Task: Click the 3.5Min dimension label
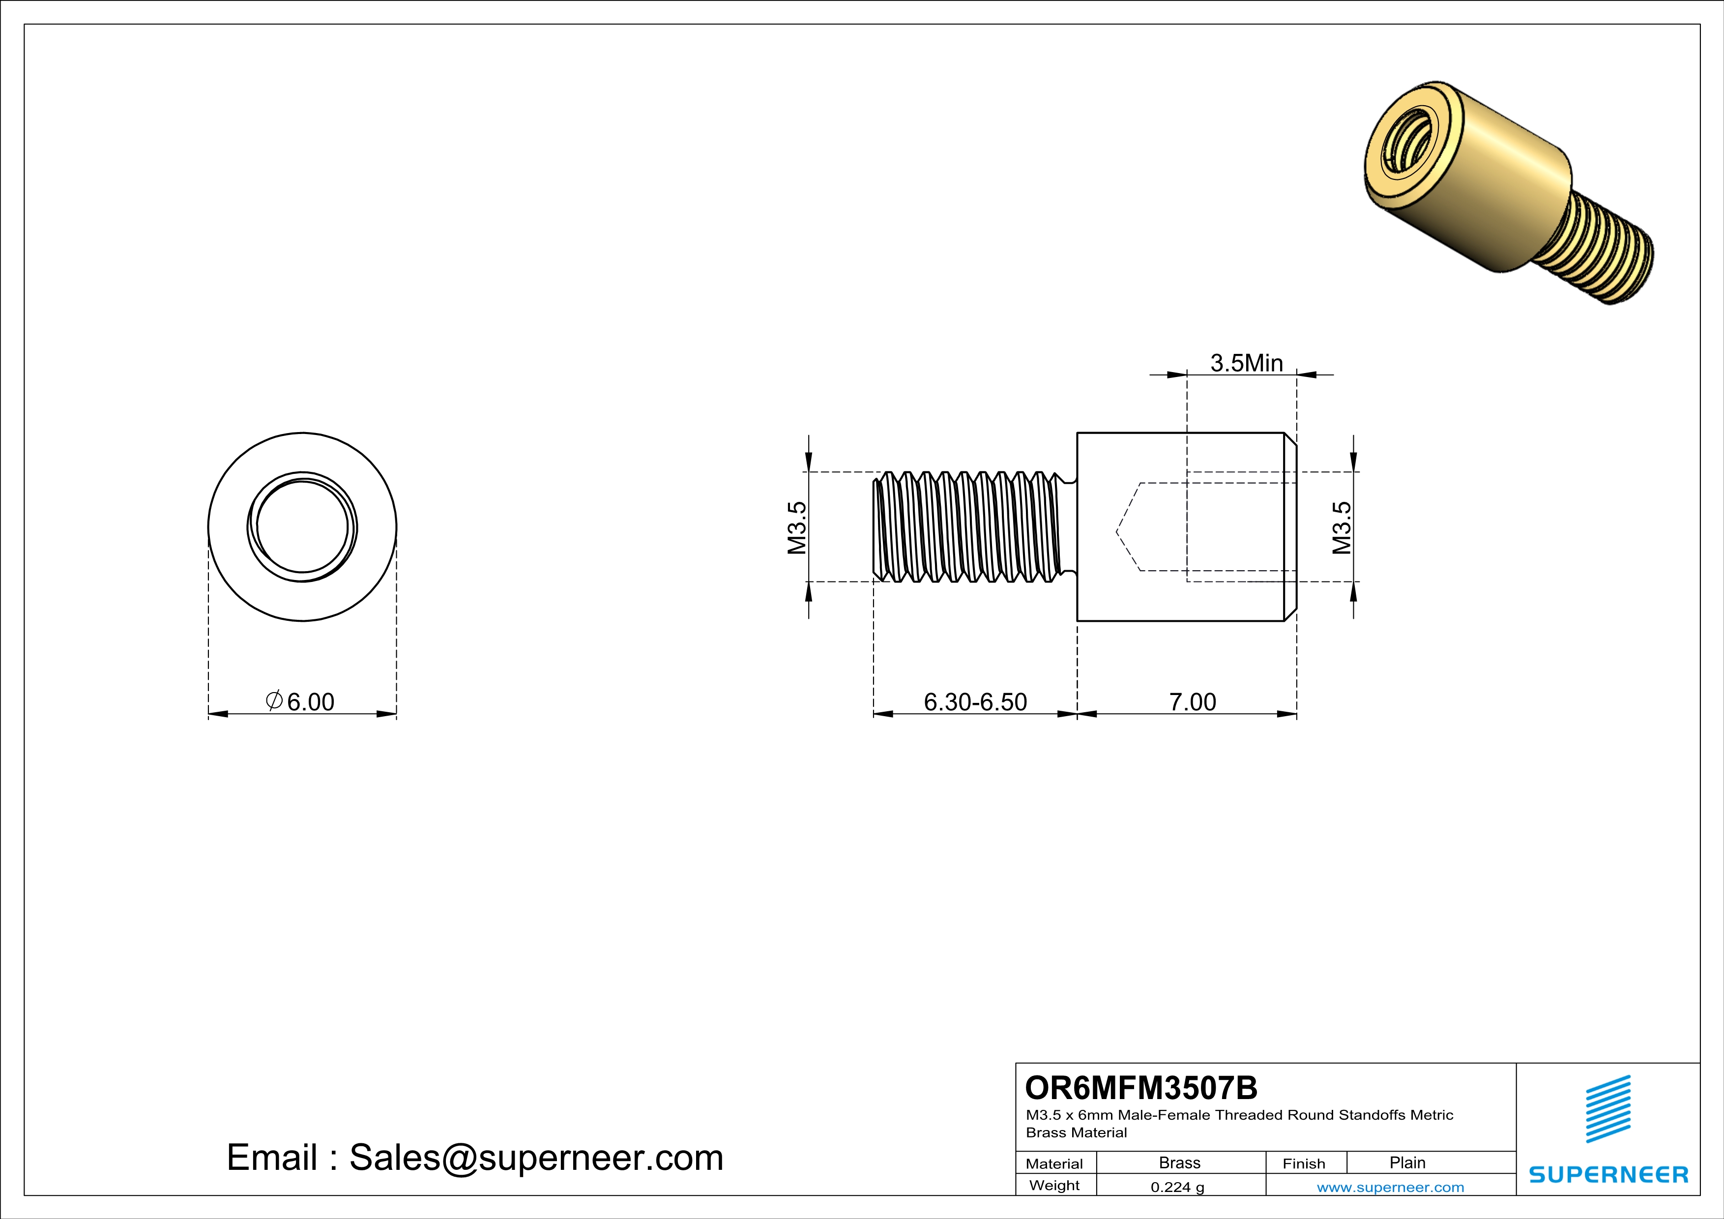pos(1247,363)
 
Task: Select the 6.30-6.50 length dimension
pos(975,702)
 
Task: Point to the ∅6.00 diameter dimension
pos(300,702)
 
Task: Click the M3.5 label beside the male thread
pos(797,528)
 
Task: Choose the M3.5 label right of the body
pos(1342,528)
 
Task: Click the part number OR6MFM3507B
pos(1140,1088)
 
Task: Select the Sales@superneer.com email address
pos(536,1158)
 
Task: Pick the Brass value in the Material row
pos(1180,1162)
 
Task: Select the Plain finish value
pos(1407,1162)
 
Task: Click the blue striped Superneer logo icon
pos(1607,1109)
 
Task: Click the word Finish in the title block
pos(1304,1163)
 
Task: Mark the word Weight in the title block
pos(1054,1185)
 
